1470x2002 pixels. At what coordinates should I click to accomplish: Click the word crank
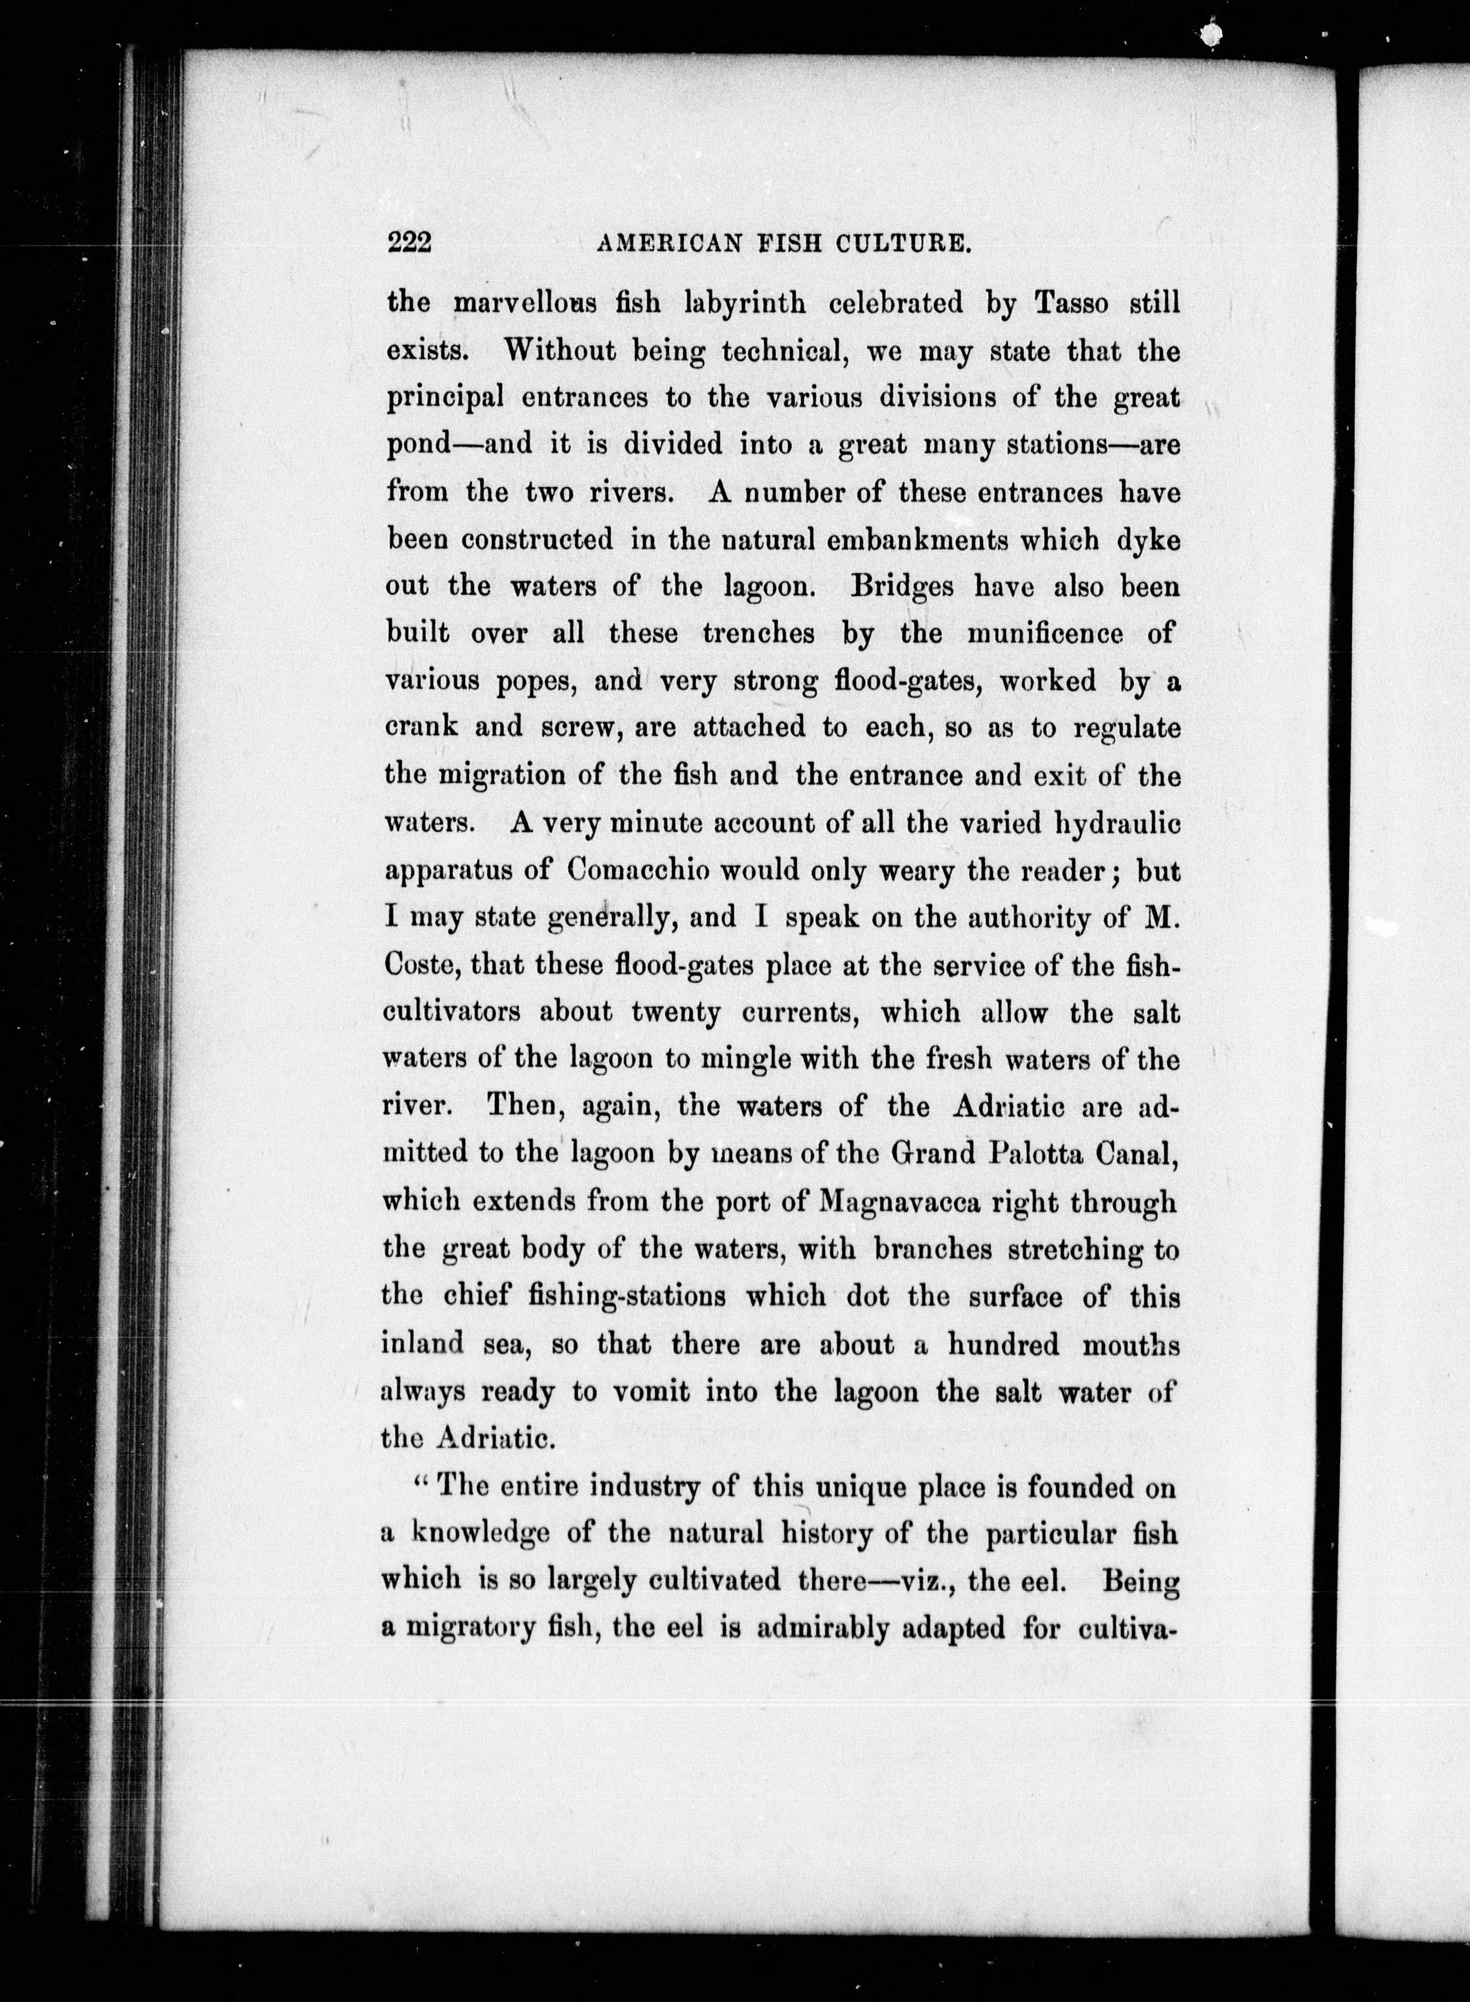point(422,728)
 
